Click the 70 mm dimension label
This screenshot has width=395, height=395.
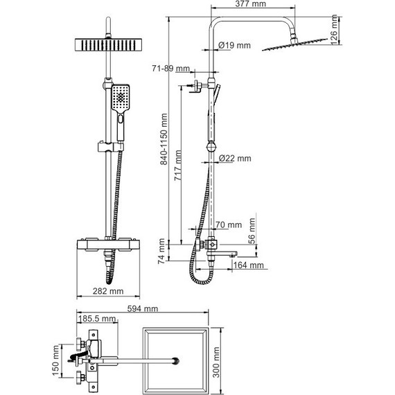click(x=228, y=225)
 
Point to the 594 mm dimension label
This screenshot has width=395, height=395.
click(x=143, y=309)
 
